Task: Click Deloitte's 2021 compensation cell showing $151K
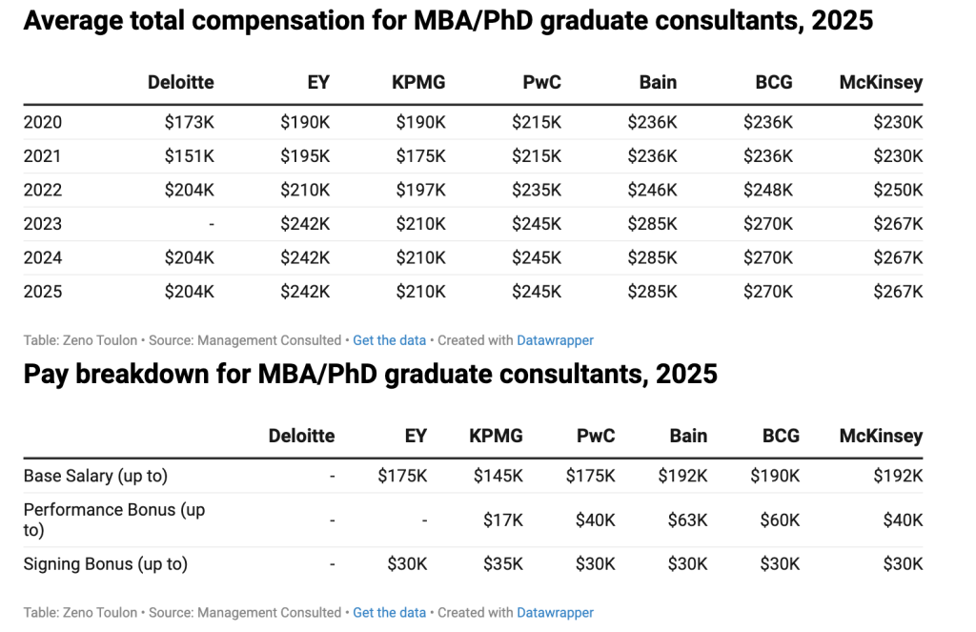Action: tap(190, 156)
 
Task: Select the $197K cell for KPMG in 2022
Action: tap(420, 190)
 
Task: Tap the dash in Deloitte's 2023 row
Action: tap(212, 224)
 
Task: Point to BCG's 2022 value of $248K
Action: tap(767, 190)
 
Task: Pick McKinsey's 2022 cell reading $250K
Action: tap(898, 190)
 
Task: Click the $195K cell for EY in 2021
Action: tap(305, 156)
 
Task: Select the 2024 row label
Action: tap(43, 257)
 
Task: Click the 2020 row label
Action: tap(43, 122)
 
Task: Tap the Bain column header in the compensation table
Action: tap(658, 82)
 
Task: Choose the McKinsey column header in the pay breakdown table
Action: tap(881, 436)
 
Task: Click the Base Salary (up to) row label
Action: tap(95, 476)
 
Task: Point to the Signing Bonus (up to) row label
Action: tap(106, 564)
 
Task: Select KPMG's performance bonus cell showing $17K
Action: tap(503, 520)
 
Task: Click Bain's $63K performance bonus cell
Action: tap(687, 520)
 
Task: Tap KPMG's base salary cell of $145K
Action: tap(498, 476)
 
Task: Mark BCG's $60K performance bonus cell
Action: tap(780, 520)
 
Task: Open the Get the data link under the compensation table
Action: tap(389, 340)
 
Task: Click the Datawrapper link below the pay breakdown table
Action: tap(555, 613)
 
